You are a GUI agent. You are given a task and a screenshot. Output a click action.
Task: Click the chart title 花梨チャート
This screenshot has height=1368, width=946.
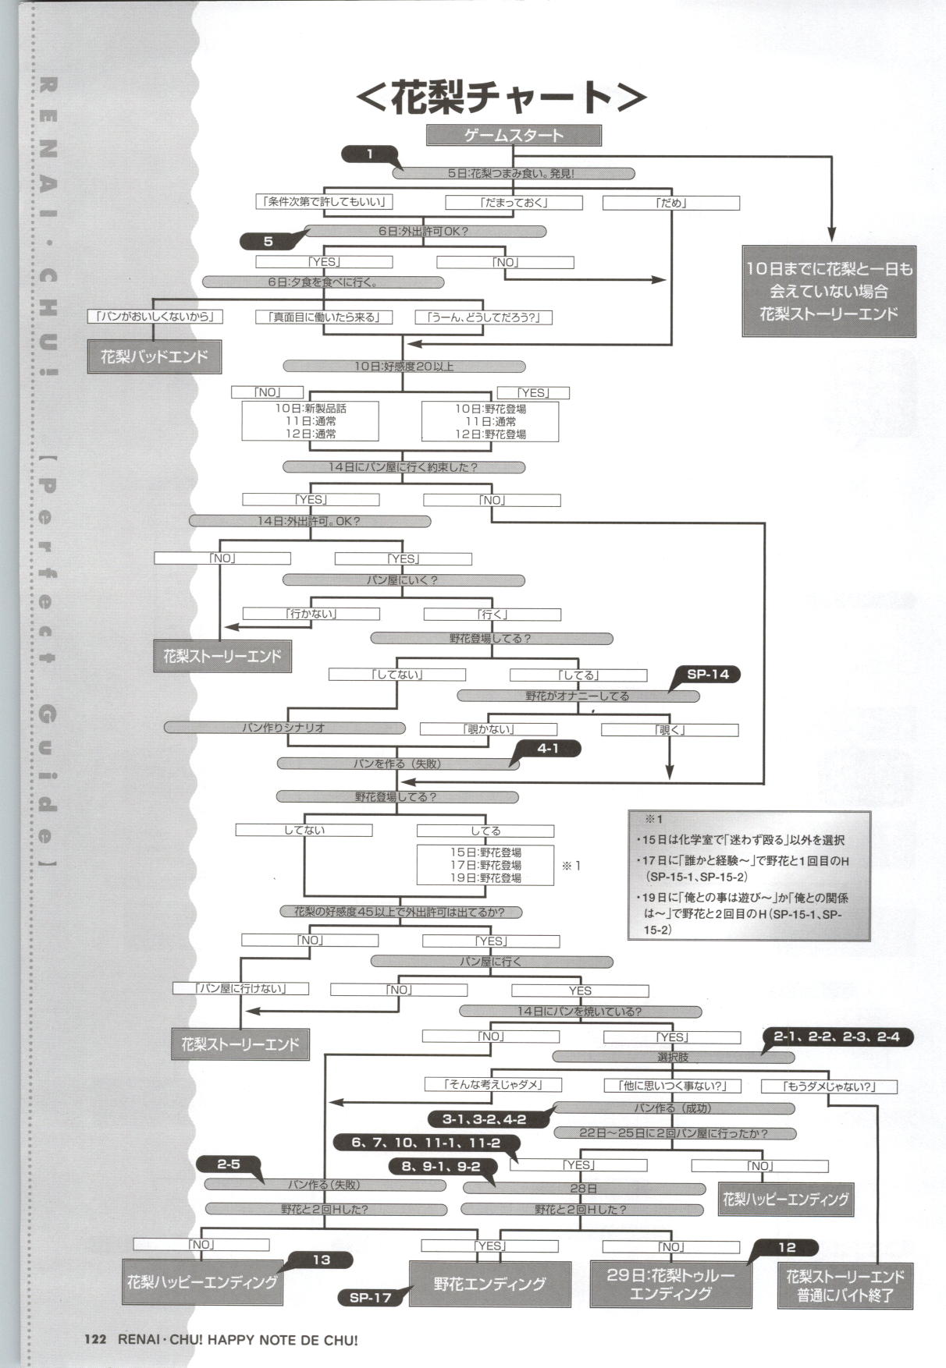500,97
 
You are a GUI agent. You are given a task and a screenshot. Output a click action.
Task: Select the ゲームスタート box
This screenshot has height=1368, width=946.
513,136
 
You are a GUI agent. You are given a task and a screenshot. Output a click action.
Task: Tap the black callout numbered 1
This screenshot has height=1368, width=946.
370,154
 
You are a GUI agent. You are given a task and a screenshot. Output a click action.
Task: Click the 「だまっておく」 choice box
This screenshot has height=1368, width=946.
514,203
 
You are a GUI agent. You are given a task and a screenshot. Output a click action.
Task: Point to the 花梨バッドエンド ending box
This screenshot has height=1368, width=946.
154,357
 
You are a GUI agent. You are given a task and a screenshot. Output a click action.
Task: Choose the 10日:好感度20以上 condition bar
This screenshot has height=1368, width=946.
404,366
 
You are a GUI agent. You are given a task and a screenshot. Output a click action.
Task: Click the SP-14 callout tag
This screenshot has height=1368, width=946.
707,674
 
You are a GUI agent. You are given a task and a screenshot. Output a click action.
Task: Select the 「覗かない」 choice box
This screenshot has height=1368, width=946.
488,729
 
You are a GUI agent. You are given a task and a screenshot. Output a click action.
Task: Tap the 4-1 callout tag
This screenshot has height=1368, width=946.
548,749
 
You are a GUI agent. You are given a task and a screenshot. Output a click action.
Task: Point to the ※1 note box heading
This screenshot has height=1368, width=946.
653,820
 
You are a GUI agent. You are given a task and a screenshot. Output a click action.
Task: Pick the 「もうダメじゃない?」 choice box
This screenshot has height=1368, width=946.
828,1086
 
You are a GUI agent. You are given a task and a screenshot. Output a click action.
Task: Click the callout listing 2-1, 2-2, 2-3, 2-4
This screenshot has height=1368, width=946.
836,1037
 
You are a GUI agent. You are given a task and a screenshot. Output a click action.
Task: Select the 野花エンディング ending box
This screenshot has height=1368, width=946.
489,1284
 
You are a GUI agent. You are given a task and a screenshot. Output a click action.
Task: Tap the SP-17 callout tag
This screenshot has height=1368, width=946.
370,1298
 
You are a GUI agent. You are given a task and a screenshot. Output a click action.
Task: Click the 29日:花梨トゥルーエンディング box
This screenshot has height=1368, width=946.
670,1284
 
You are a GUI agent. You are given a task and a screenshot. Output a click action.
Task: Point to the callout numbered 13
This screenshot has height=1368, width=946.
322,1260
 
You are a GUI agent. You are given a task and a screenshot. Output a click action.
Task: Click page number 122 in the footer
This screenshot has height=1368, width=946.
95,1340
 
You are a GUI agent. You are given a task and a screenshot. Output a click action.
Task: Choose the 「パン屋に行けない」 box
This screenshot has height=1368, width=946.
240,988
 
